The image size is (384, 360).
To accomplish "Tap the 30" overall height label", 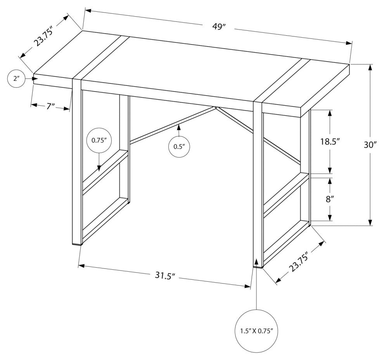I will tap(370, 145).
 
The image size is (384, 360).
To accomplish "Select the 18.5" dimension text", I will tap(330, 142).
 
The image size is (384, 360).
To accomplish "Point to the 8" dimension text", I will tap(330, 200).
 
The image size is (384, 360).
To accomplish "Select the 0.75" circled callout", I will tap(99, 141).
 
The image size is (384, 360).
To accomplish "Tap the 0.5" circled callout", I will tap(178, 147).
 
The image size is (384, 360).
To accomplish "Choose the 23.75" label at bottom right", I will tap(299, 264).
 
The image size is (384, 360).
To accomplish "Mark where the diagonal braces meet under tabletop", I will tap(215, 107).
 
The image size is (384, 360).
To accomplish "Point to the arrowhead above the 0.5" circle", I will tap(178, 126).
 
